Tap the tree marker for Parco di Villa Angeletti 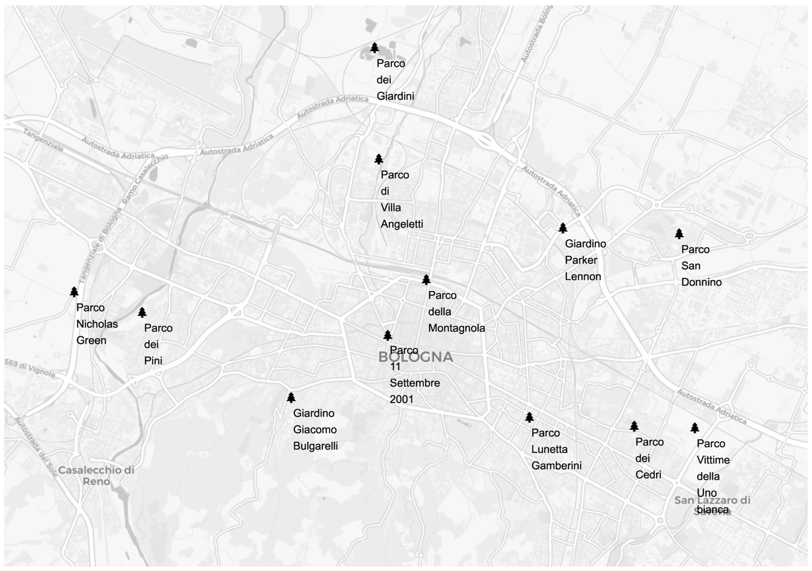(379, 159)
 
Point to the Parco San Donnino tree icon (679, 234)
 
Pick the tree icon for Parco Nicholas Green (74, 292)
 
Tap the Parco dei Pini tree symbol (142, 312)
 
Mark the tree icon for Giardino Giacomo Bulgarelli (291, 398)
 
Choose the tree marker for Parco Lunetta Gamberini (529, 417)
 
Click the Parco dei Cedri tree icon (634, 426)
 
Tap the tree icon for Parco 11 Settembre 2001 (388, 335)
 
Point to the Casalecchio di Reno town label (96, 476)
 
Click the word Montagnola (457, 328)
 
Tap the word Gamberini (556, 466)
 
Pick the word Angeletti (402, 224)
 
